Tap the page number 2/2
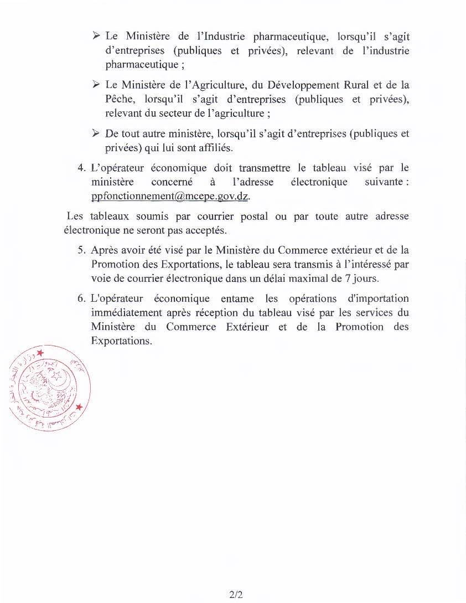236,595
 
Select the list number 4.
81,168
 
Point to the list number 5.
81,250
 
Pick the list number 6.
81,299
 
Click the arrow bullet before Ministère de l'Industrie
96,36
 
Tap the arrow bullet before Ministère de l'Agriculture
96,85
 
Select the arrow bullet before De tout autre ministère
96,133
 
